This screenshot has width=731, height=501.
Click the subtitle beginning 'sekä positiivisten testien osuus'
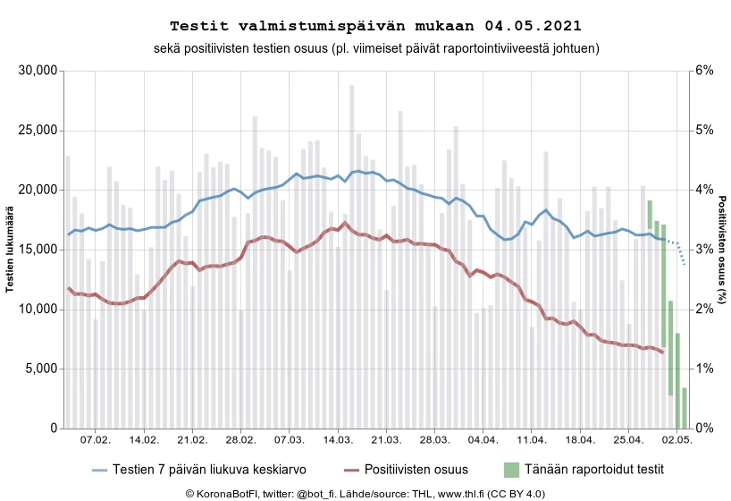pos(365,47)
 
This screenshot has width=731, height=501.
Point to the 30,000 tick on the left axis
pos(38,71)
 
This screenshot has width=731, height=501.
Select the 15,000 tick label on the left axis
pos(38,250)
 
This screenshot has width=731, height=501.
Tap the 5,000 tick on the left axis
pos(41,369)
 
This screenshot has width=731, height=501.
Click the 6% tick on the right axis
pos(704,71)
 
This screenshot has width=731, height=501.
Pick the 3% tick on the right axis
pos(704,250)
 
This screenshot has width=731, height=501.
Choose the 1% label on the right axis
pos(704,369)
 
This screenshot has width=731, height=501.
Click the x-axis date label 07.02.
pos(96,441)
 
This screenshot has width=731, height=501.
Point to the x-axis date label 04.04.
pos(483,441)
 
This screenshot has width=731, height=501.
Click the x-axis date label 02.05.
pos(676,441)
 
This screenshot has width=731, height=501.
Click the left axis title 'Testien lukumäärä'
pos(10,250)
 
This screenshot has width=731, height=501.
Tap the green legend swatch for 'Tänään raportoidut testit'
pos(511,469)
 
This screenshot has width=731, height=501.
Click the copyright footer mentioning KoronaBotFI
pos(365,493)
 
